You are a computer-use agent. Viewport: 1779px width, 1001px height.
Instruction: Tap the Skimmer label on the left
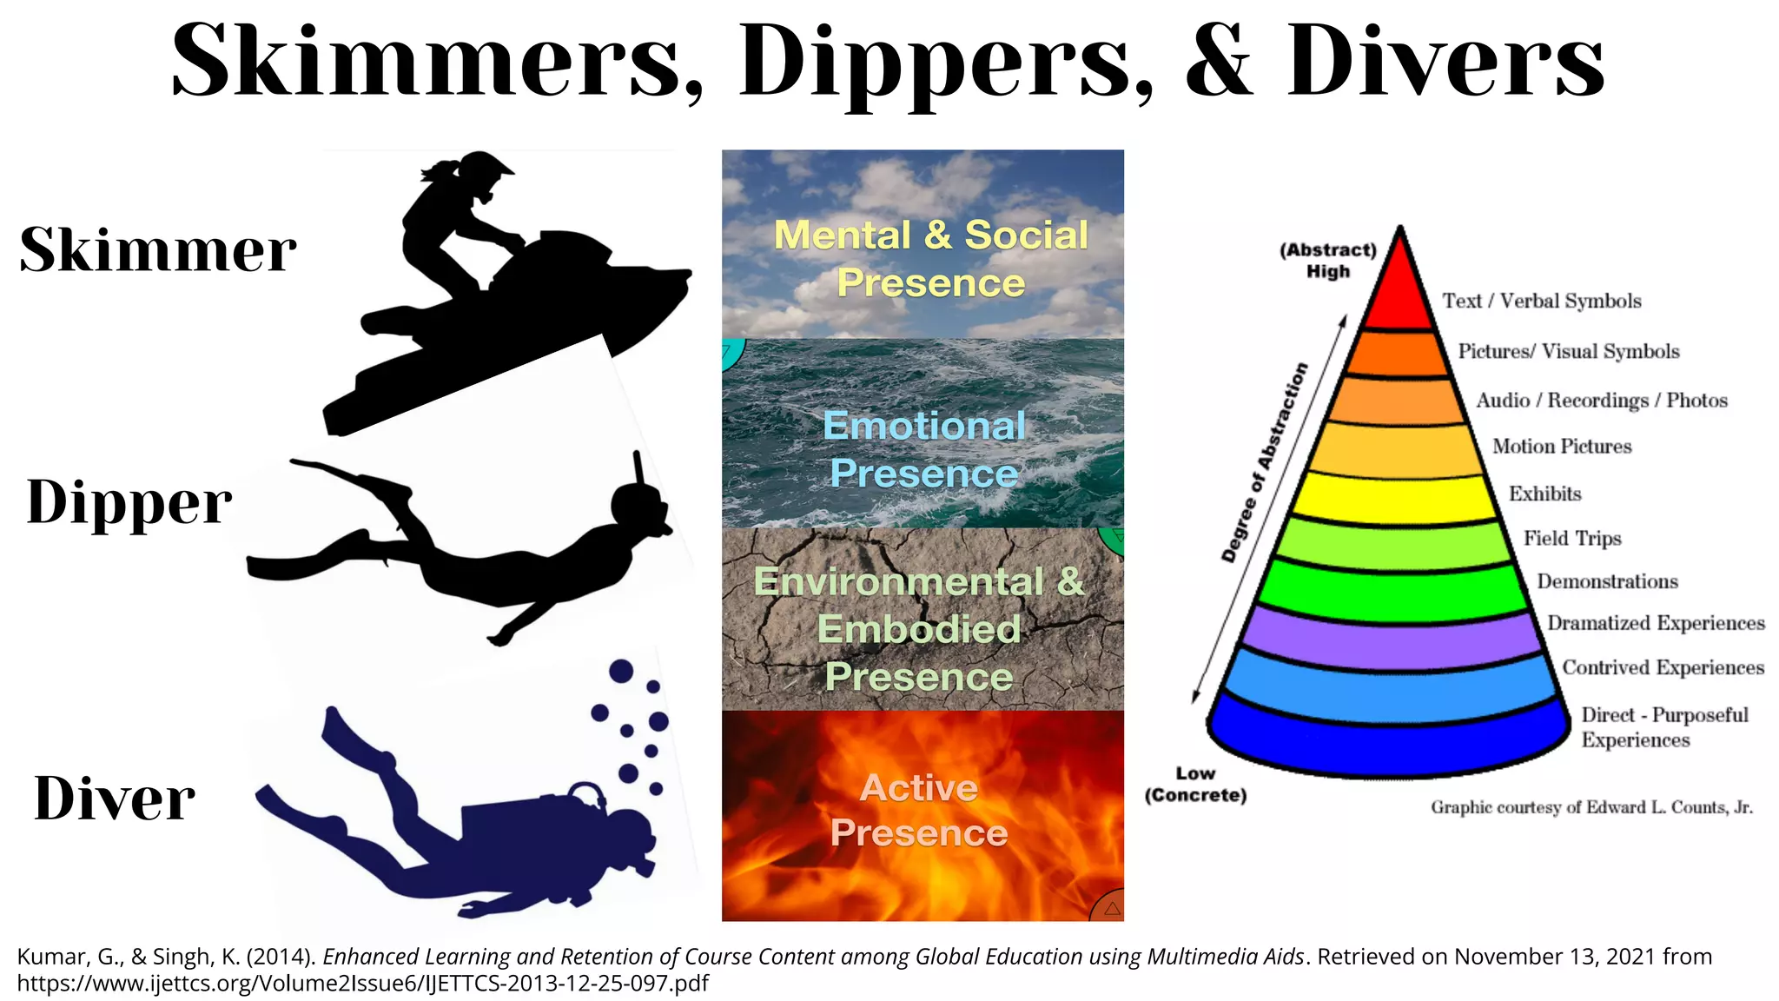click(158, 250)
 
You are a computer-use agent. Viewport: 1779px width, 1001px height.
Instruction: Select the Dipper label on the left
click(129, 502)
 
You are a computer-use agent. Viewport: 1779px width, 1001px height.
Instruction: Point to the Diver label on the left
click(115, 799)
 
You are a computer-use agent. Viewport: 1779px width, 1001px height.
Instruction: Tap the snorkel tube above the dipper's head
click(639, 469)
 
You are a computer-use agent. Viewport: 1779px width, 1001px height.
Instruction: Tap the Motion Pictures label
click(1562, 447)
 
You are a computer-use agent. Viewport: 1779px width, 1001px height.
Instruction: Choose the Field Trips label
click(1572, 539)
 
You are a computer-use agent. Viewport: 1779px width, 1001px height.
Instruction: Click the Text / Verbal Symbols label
click(1542, 302)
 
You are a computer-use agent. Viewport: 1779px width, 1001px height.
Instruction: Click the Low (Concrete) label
click(1195, 785)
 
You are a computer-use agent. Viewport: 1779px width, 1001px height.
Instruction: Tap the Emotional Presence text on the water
click(923, 449)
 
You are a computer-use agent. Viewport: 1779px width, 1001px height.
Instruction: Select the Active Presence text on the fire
click(919, 810)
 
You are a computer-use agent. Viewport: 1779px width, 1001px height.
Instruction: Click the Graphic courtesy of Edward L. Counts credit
click(1591, 807)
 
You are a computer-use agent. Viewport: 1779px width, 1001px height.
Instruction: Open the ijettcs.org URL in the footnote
click(363, 984)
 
